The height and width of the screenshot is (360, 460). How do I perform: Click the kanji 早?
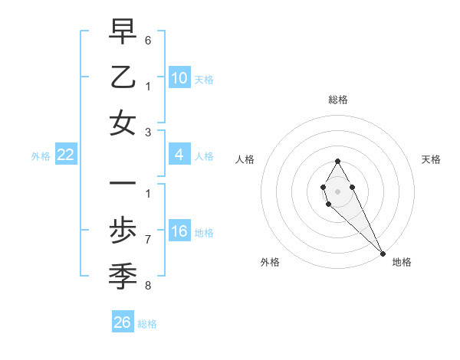tap(123, 32)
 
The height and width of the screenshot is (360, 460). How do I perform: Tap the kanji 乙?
tap(123, 78)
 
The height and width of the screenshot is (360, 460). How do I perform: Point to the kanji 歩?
tap(123, 231)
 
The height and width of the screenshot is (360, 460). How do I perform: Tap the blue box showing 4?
tap(179, 155)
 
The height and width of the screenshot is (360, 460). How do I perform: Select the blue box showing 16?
tap(179, 232)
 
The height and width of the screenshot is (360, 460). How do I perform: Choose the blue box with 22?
tap(66, 155)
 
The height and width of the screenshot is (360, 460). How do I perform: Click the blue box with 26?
tap(123, 322)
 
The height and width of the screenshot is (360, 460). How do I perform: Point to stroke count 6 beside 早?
tap(148, 39)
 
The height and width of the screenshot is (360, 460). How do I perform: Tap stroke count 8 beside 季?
tap(148, 286)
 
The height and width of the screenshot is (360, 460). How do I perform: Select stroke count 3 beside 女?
tap(148, 132)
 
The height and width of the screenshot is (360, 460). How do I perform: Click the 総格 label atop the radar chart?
tap(338, 100)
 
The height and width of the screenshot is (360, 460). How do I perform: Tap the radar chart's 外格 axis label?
tap(270, 262)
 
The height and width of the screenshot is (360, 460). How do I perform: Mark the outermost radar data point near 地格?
tap(383, 254)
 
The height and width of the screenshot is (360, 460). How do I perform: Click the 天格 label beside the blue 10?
tap(204, 80)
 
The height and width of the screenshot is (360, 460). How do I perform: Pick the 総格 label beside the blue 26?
tap(147, 324)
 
